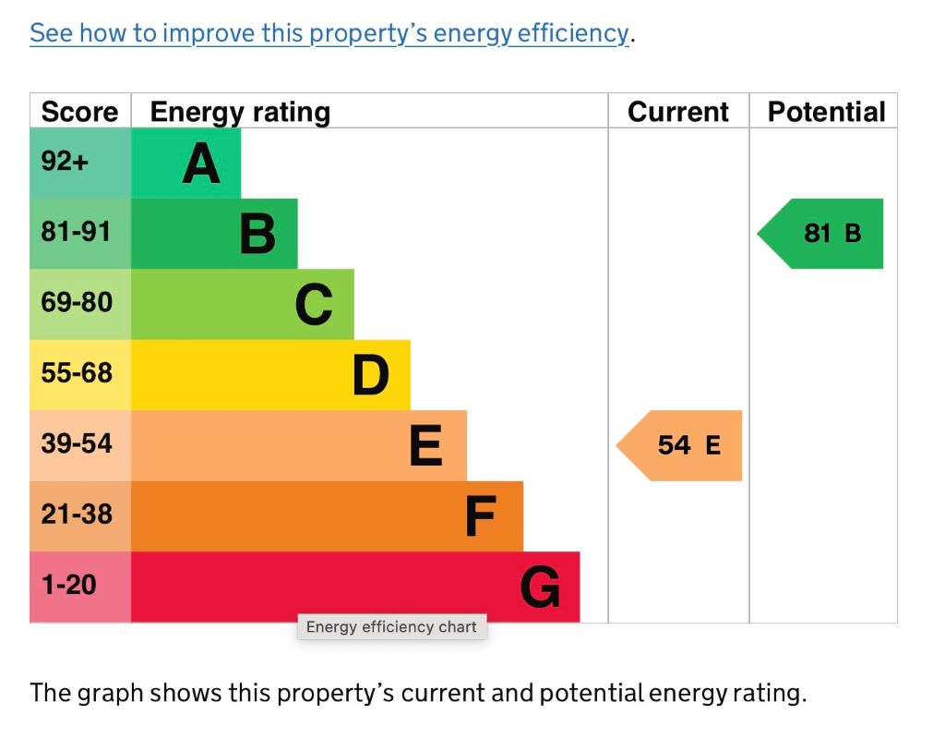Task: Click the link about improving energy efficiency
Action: [329, 34]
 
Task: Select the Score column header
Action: [80, 112]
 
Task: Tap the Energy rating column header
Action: [240, 112]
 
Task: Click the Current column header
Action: [678, 112]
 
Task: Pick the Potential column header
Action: [826, 112]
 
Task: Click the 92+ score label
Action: [65, 162]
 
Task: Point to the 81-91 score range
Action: [76, 232]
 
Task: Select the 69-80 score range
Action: [76, 302]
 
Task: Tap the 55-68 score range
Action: [76, 373]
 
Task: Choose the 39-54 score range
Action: [76, 443]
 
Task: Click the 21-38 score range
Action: [76, 514]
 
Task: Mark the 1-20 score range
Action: [68, 585]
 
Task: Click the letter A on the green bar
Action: [201, 164]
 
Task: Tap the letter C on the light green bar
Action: [314, 305]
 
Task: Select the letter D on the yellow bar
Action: [371, 376]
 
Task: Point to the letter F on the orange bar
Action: [480, 517]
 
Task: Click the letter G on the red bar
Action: [540, 588]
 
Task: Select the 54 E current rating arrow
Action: [683, 445]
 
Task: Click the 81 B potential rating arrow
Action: [824, 233]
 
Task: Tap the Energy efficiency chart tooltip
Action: [391, 627]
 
